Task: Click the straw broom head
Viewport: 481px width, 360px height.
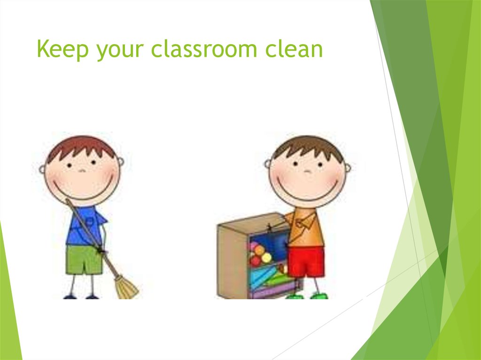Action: point(126,287)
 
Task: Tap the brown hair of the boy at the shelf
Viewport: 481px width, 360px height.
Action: point(308,146)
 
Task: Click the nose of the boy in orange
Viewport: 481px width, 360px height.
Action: point(307,170)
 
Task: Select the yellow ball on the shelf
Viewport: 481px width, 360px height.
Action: point(266,258)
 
